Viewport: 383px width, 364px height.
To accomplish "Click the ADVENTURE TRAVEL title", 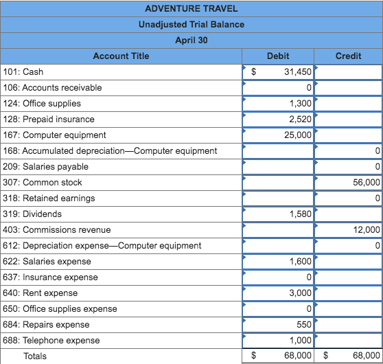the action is (191, 8).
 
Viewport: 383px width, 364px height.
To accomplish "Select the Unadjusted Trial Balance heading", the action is (191, 24).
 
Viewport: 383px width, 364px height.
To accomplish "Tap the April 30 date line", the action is (191, 40).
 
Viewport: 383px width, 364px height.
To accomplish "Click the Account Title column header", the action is (121, 56).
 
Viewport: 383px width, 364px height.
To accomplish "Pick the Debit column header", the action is (277, 56).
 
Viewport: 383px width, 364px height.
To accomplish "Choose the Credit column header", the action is (348, 56).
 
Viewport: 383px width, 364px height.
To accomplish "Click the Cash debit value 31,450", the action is (297, 71).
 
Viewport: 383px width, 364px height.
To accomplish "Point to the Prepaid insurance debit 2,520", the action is (301, 119).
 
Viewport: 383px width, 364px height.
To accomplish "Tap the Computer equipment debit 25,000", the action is (298, 135).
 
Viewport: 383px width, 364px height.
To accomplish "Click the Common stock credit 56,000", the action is (367, 182).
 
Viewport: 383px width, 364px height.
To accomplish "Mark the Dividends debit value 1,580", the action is (301, 214).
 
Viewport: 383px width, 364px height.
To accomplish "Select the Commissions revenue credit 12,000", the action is (367, 229).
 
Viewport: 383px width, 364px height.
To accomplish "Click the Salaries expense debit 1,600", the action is (301, 261).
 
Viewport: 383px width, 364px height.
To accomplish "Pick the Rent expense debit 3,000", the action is (301, 293).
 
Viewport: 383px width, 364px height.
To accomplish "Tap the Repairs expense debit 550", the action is (304, 324).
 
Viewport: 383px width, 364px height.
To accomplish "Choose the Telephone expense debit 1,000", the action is (301, 340).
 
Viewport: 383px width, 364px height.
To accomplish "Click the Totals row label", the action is (36, 356).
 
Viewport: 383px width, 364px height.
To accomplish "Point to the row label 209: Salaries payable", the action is (45, 166).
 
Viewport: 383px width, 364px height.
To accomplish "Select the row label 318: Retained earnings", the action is (49, 198).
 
